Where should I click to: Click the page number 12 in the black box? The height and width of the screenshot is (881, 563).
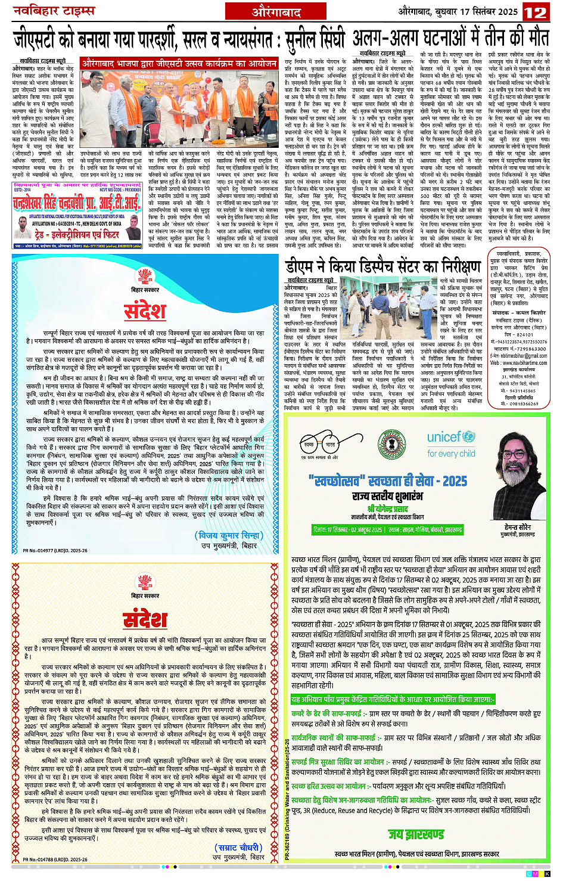pos(535,12)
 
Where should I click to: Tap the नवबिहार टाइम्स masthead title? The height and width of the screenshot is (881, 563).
pos(54,11)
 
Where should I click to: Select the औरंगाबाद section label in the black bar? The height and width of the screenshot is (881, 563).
pos(276,11)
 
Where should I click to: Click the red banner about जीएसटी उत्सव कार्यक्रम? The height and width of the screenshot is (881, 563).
pos(179,63)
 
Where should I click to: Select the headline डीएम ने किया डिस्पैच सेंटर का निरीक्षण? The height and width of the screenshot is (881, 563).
pos(383,266)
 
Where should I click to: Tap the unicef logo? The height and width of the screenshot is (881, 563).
pos(451,437)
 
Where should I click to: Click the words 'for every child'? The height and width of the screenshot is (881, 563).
pos(451,454)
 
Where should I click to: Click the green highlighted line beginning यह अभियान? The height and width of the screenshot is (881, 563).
pos(393,699)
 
